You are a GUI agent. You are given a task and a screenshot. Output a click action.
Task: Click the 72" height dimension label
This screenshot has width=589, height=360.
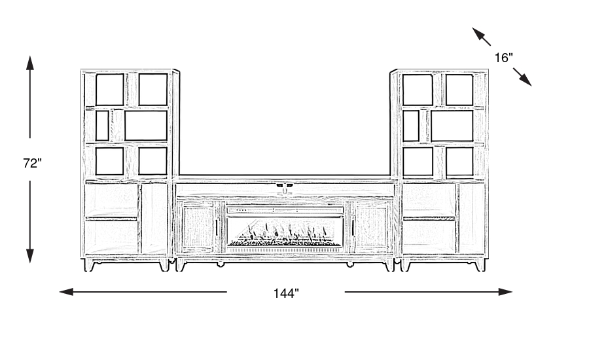(32, 164)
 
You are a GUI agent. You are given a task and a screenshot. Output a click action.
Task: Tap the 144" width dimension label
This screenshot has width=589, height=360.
(286, 294)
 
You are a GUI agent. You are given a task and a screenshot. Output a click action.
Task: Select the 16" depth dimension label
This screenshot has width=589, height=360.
(503, 58)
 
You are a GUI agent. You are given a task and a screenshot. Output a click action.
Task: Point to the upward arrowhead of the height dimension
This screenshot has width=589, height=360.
(30, 63)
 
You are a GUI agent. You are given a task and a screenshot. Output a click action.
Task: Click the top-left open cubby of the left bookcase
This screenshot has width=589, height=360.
(110, 90)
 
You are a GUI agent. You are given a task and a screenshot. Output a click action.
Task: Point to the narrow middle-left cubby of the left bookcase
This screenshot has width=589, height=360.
(102, 126)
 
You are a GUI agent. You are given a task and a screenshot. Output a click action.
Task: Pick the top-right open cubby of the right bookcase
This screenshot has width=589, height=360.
(459, 90)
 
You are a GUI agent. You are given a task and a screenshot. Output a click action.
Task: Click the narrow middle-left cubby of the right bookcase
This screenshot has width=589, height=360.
(411, 126)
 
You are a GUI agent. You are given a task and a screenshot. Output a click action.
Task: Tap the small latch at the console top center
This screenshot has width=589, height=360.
(285, 188)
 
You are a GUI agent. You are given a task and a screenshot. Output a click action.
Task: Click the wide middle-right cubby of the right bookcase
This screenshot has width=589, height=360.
(452, 126)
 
